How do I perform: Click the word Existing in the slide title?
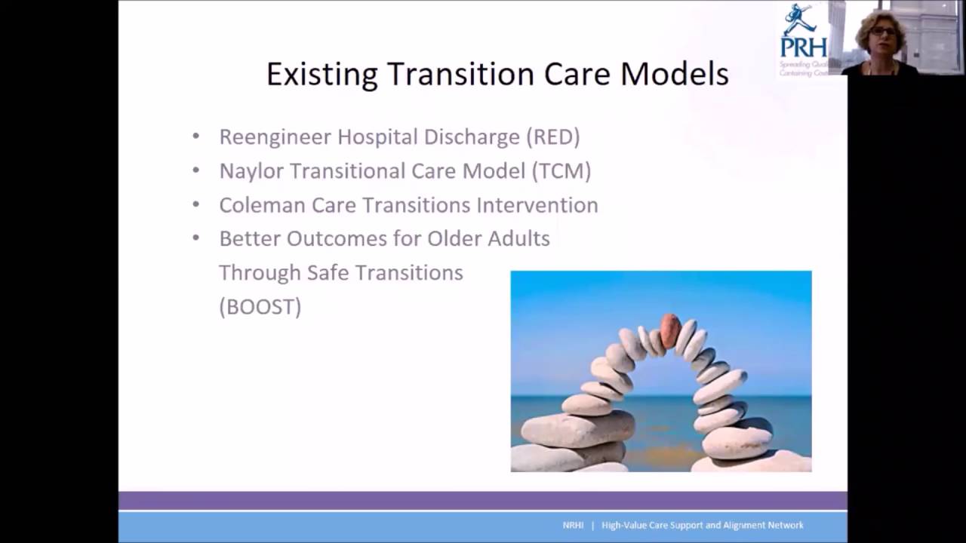point(321,75)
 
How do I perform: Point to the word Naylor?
point(251,171)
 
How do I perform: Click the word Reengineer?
point(275,137)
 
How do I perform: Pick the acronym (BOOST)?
point(260,307)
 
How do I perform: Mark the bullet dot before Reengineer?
point(196,137)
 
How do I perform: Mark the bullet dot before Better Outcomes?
point(196,238)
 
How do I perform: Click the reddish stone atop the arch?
point(669,330)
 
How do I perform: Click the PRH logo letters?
point(803,47)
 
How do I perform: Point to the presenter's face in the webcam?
point(881,35)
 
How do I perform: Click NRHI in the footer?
point(573,526)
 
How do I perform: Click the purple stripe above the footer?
point(483,501)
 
